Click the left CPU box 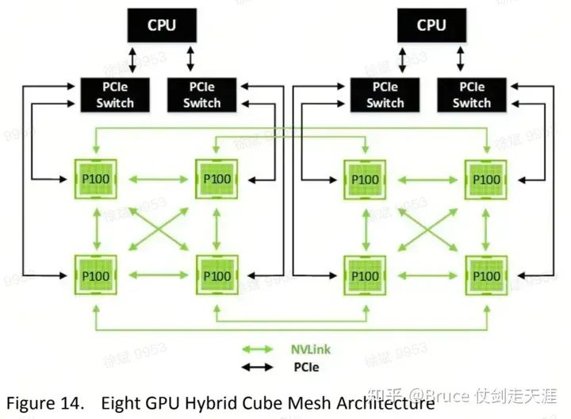[x=161, y=25]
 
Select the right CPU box [x=431, y=25]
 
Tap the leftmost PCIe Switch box [x=115, y=94]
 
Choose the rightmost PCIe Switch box [x=472, y=94]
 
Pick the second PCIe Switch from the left [x=202, y=94]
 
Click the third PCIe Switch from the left [x=385, y=94]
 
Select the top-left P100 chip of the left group [x=96, y=179]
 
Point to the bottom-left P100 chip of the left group [x=96, y=275]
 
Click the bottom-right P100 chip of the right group [x=485, y=275]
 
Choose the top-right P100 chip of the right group [x=485, y=179]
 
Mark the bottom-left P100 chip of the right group [x=365, y=275]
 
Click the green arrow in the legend [x=258, y=348]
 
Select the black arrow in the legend [x=258, y=367]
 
